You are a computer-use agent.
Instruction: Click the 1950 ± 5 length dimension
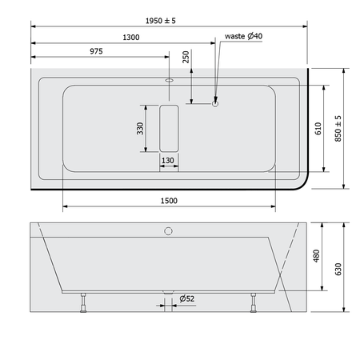[161, 21]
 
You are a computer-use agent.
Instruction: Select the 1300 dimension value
[131, 38]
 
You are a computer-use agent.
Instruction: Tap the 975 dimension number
[96, 51]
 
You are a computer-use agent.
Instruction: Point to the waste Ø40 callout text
[243, 36]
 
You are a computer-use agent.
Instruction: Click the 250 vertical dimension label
[186, 57]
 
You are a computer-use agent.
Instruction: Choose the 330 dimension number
[140, 128]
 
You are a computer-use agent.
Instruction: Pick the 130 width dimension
[168, 161]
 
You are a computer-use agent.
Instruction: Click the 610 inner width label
[318, 129]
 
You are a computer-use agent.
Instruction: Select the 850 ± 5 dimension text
[338, 129]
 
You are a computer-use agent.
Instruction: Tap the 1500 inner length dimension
[169, 201]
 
